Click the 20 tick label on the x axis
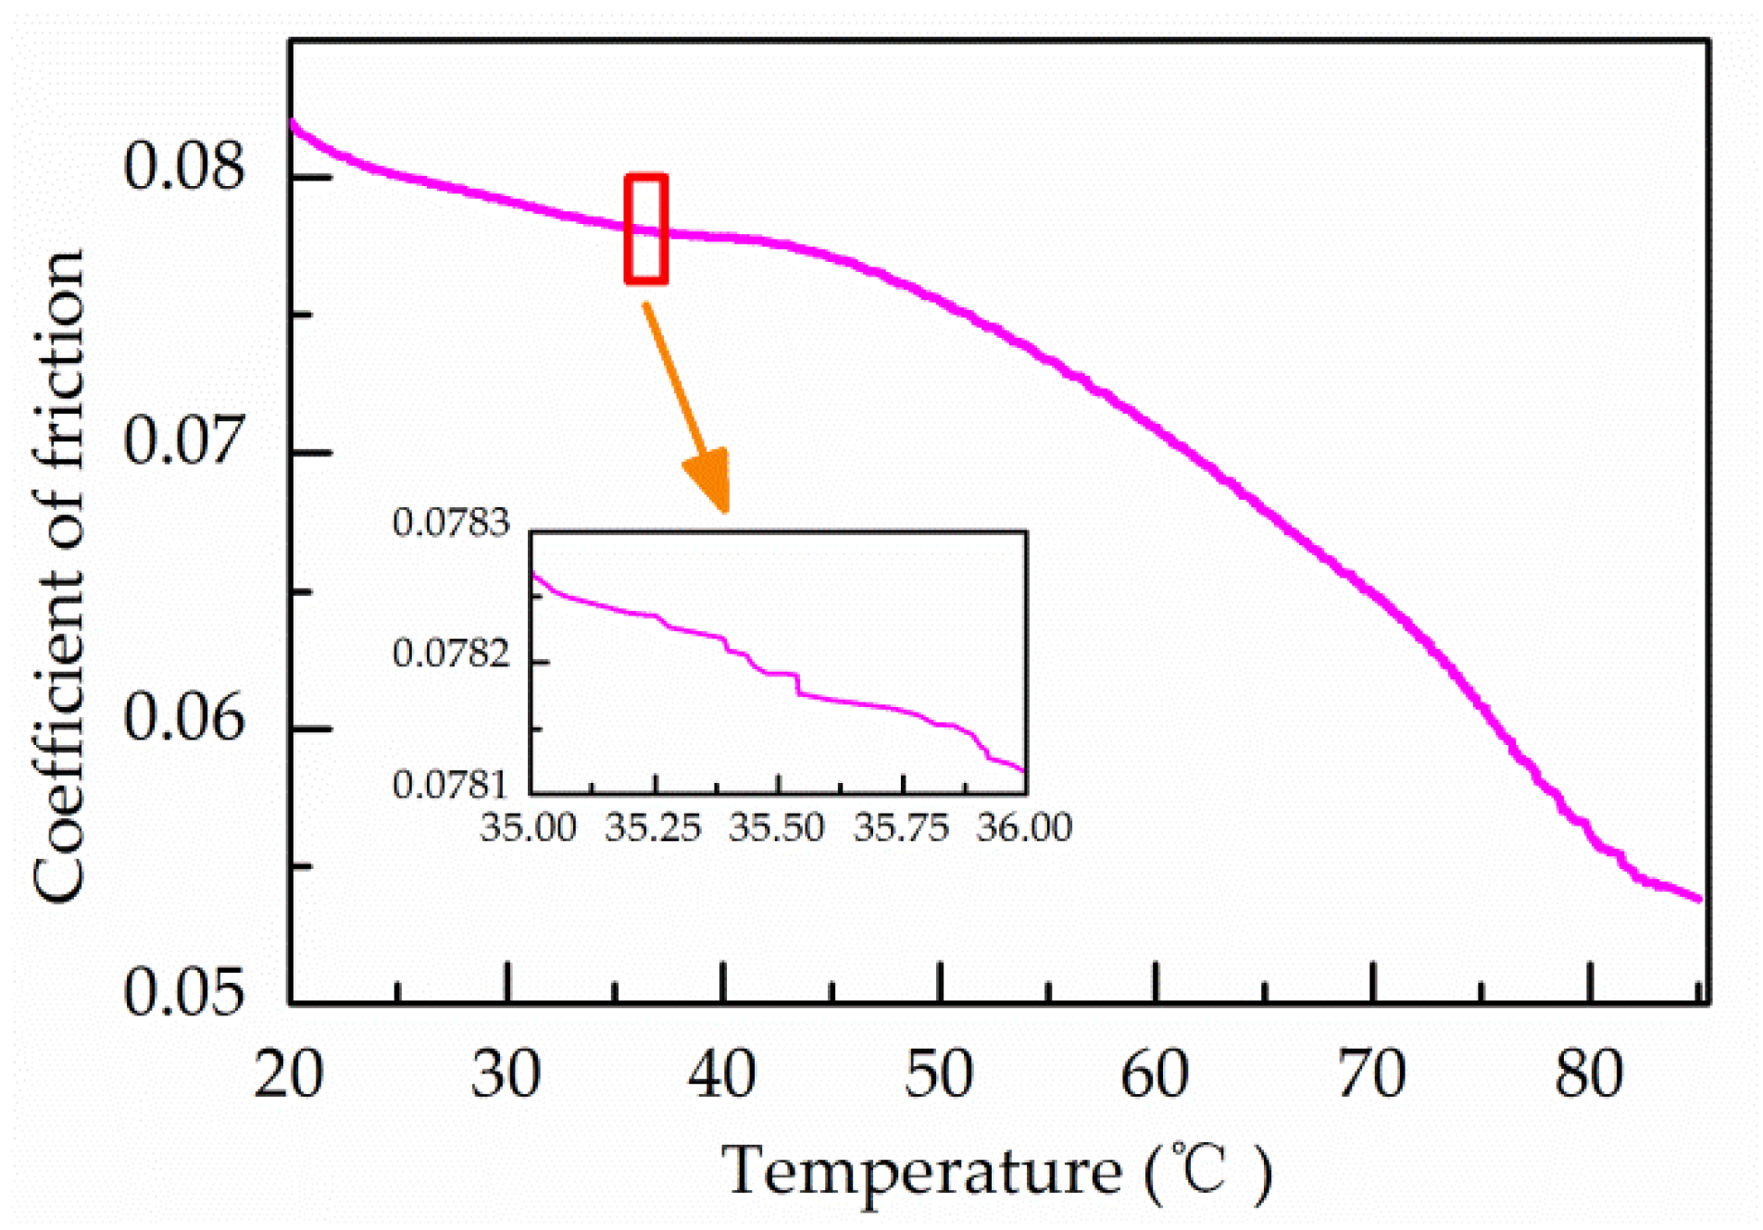click(x=289, y=1075)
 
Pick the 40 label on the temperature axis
click(x=722, y=1075)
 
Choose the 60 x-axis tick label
click(x=1155, y=1075)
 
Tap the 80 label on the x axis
click(x=1589, y=1075)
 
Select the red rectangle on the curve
click(x=646, y=228)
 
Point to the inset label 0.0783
click(x=451, y=523)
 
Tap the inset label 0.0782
click(x=451, y=654)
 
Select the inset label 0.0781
click(x=451, y=786)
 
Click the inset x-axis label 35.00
click(x=528, y=827)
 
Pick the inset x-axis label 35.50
click(x=776, y=827)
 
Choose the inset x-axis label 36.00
click(x=1024, y=827)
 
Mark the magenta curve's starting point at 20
click(x=294, y=123)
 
